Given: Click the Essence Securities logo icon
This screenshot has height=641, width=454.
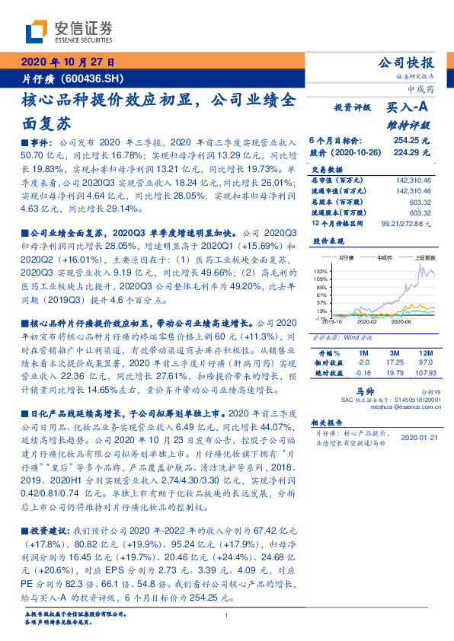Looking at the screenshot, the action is coord(38,31).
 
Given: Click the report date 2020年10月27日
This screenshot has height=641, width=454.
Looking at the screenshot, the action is coord(66,62).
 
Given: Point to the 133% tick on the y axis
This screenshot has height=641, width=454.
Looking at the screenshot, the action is coord(320,271).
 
